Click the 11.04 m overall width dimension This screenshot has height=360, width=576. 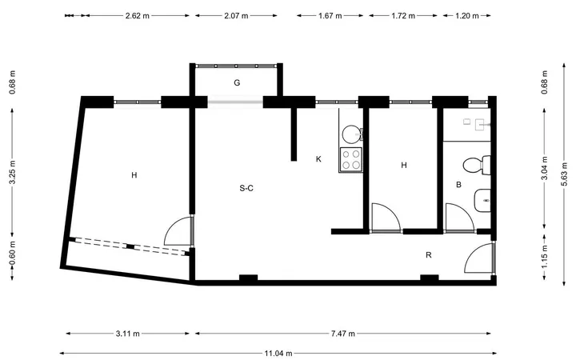click(278, 354)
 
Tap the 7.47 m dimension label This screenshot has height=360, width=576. click(343, 334)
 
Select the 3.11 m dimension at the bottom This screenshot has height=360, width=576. click(128, 334)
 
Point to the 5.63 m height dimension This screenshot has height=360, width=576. click(564, 174)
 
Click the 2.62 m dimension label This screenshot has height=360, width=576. click(138, 16)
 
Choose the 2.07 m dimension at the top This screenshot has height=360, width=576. click(236, 16)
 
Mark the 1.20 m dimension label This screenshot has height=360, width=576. click(467, 16)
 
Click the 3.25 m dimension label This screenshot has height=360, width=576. click(12, 172)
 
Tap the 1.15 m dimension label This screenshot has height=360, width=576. click(545, 256)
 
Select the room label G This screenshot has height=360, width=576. click(237, 82)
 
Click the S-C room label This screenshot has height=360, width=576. click(246, 188)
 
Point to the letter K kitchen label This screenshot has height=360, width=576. click(318, 159)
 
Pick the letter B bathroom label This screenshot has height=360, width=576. click(458, 185)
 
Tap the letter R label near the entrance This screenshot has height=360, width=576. click(428, 254)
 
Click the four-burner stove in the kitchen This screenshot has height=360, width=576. click(351, 159)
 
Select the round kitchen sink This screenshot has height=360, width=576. click(351, 134)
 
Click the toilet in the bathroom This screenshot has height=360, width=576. click(477, 166)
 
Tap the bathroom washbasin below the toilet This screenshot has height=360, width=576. click(482, 201)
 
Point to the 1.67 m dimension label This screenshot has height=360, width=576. click(330, 16)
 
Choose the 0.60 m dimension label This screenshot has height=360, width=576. click(12, 254)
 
